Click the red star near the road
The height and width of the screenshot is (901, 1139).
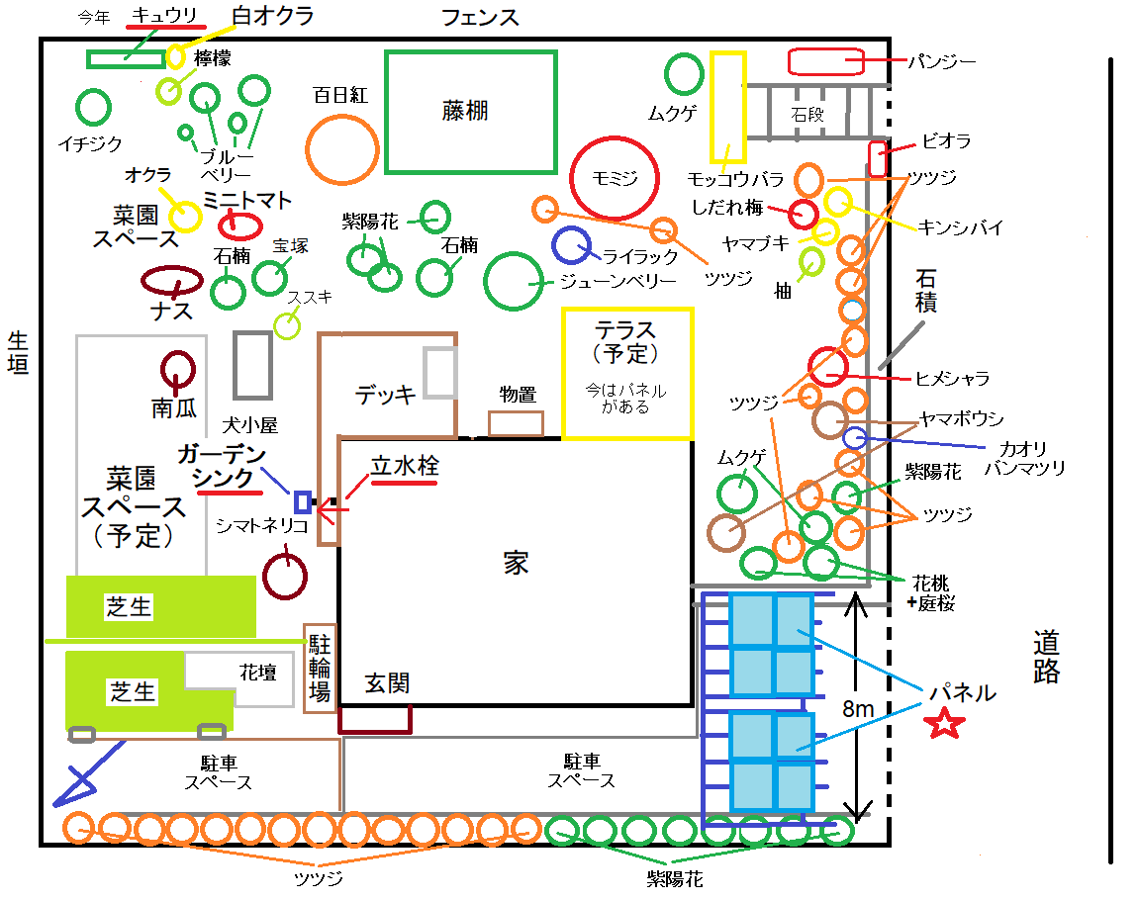[944, 724]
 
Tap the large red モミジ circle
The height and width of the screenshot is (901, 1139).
[615, 178]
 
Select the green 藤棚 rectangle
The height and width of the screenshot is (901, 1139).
[470, 112]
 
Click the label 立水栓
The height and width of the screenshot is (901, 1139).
[405, 465]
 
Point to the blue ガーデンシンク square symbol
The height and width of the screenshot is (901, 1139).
[303, 502]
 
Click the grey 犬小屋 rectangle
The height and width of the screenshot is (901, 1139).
[252, 365]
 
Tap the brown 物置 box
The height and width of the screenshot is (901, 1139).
[516, 423]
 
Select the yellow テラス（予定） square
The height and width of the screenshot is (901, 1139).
[627, 373]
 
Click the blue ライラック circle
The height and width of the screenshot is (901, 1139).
[571, 246]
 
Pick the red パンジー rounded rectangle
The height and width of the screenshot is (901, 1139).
[826, 61]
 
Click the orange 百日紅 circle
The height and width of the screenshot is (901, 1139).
[342, 149]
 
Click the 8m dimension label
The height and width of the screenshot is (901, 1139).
[858, 709]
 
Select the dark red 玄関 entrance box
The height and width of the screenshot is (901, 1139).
[375, 719]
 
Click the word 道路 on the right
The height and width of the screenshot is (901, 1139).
[1046, 657]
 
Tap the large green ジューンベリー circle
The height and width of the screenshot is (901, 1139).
[514, 281]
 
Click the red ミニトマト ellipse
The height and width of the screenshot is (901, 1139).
[239, 226]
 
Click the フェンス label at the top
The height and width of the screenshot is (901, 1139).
[480, 17]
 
